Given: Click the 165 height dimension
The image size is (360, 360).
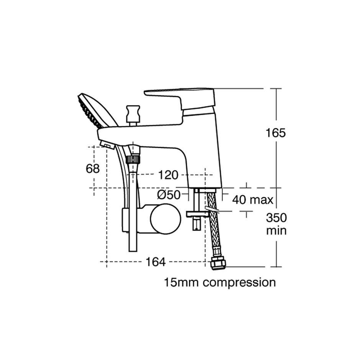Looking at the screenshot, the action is (275, 133).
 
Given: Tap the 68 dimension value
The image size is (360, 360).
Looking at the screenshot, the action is (93, 169).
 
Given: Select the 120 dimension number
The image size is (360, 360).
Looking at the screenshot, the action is (168, 175).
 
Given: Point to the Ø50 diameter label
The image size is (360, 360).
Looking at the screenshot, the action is (169, 195).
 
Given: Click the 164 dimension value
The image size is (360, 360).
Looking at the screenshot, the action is (155, 262).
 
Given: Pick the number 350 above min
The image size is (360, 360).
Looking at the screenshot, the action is (277, 218).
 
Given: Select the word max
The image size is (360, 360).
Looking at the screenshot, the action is (262, 200).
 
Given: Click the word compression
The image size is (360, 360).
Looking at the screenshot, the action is (239, 283).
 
